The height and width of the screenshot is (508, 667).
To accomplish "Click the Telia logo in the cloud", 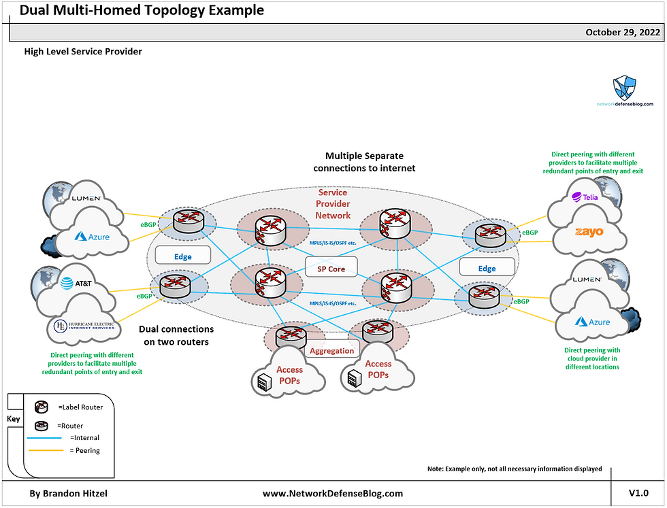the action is pyautogui.click(x=585, y=197).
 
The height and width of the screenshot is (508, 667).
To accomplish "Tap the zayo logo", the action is pyautogui.click(x=589, y=232).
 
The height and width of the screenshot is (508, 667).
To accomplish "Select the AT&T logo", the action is pyautogui.click(x=76, y=283).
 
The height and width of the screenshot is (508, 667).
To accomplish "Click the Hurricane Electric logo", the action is pyautogui.click(x=84, y=326).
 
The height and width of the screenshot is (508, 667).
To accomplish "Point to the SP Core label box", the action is pyautogui.click(x=331, y=267).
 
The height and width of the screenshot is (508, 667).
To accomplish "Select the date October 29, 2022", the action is pyautogui.click(x=623, y=33).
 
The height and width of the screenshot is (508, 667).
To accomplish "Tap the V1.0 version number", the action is pyautogui.click(x=638, y=492).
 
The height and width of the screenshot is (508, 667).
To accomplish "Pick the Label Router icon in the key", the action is pyautogui.click(x=42, y=407).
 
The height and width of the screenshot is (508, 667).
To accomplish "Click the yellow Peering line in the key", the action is pyautogui.click(x=46, y=450).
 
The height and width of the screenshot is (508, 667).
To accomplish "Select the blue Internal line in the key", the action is pyautogui.click(x=44, y=437).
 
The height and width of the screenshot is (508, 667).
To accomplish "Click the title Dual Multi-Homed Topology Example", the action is pyautogui.click(x=142, y=10).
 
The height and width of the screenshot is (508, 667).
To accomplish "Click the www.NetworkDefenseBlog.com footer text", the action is pyautogui.click(x=333, y=493).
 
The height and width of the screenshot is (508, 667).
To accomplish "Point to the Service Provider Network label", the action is pyautogui.click(x=333, y=204).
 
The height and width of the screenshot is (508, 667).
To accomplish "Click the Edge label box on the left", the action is pyautogui.click(x=183, y=255).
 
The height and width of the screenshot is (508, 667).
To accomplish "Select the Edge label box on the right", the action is pyautogui.click(x=487, y=267).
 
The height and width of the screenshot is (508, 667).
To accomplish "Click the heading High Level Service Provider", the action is pyautogui.click(x=83, y=52).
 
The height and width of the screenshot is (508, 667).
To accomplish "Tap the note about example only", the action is pyautogui.click(x=515, y=469).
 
